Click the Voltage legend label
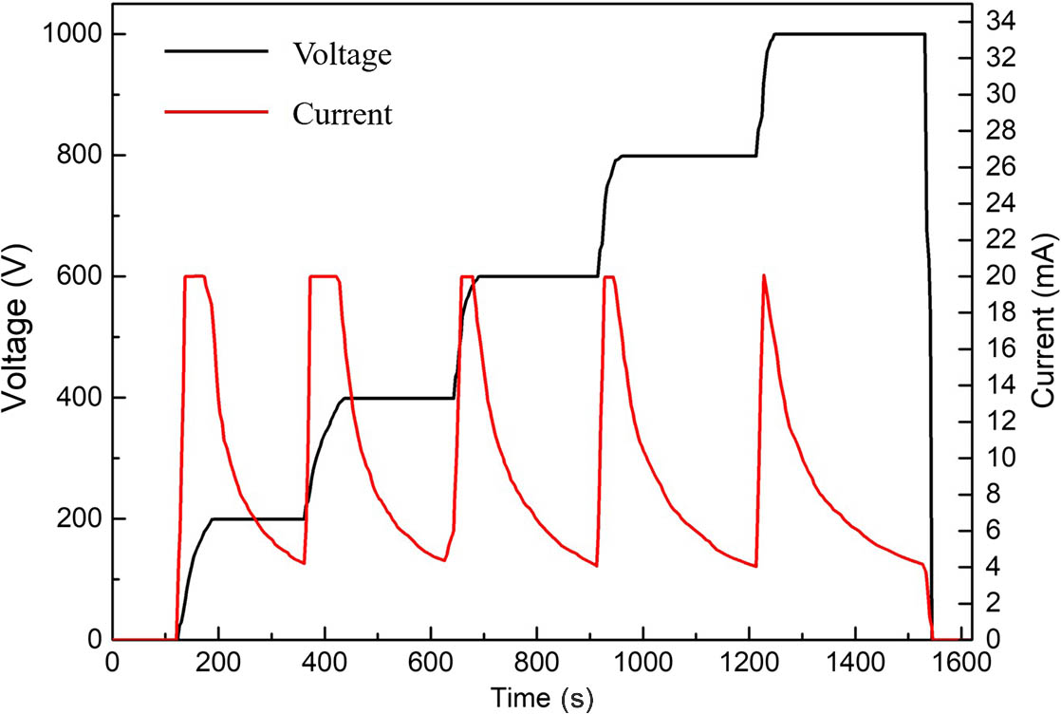pos(341,54)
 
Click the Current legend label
pos(342,115)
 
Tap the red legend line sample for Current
pos(217,114)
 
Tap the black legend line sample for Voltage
pos(217,53)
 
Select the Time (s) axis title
pos(542,698)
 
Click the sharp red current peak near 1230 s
pos(763,275)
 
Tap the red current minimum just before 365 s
pos(304,563)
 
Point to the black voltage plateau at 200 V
pos(256,519)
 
